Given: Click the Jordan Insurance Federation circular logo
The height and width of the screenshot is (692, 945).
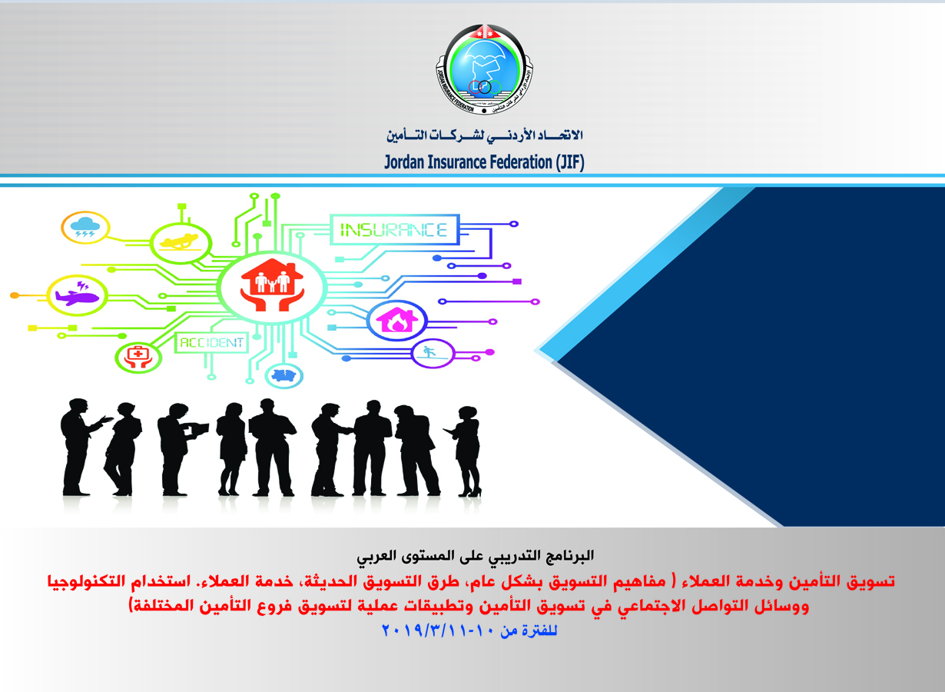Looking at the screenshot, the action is coord(484,70).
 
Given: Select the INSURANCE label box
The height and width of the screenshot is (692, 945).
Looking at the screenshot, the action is coord(394,230).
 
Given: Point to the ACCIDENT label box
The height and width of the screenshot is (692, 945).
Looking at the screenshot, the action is coord(211,342).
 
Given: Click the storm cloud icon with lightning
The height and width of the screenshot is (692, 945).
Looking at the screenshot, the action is coord(85,227).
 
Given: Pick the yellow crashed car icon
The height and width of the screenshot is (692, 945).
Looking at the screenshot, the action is coord(181,244).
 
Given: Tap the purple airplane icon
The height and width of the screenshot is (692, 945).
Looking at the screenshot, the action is coord(77,295).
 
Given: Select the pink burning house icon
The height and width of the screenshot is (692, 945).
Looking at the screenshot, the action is coord(397,321).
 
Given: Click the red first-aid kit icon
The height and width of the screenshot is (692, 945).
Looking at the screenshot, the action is coord(138,358).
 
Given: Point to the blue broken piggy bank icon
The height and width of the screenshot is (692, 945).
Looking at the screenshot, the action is coord(284,375).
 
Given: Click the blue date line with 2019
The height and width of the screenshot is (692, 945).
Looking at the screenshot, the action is coord(469,631).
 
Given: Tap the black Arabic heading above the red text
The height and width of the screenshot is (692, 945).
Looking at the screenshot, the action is coord(475,555).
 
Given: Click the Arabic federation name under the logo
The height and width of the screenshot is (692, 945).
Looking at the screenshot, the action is coord(485,135).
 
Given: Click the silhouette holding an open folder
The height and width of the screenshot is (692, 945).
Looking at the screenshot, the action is coord(180,449).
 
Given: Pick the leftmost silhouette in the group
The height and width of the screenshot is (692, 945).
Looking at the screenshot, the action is coord(82,447).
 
